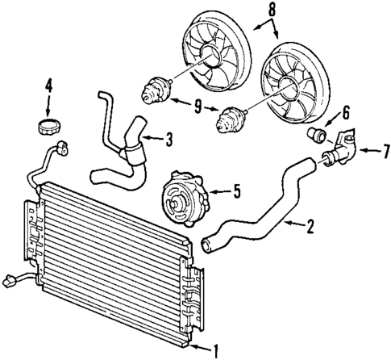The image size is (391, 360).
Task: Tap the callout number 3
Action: click(168, 140)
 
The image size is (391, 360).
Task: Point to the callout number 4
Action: click(48, 84)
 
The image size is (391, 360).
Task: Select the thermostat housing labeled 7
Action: click(339, 152)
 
